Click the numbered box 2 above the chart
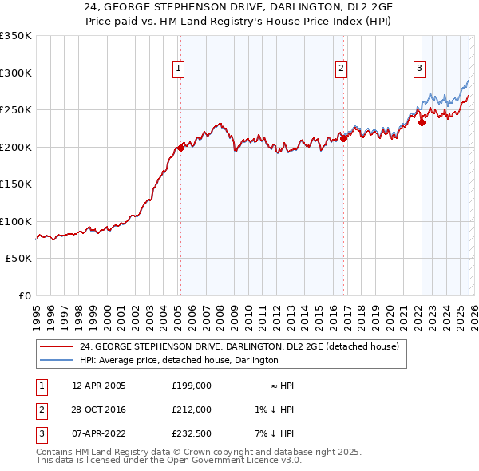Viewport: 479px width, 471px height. click(x=341, y=69)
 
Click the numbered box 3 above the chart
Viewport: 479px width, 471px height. click(x=419, y=69)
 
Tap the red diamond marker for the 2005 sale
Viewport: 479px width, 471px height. click(x=181, y=147)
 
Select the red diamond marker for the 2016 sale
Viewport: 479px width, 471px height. click(x=344, y=137)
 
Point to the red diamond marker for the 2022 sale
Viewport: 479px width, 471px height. click(x=422, y=122)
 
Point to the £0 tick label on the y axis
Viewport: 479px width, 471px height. click(x=24, y=295)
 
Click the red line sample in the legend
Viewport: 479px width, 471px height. click(x=56, y=346)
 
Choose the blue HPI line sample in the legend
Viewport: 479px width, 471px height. click(x=56, y=360)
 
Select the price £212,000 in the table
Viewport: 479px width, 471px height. click(x=191, y=410)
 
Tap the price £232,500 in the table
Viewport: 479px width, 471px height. click(x=191, y=433)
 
